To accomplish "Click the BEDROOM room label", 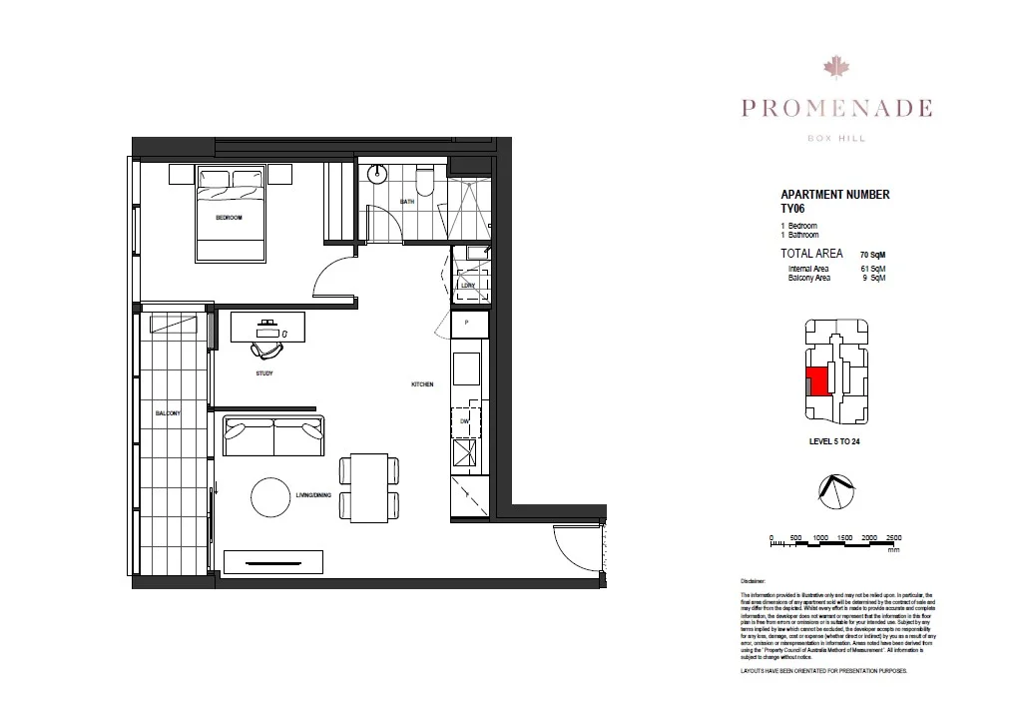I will pos(229,217).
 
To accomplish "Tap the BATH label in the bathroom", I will pos(406,202).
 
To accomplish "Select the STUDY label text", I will pos(263,373).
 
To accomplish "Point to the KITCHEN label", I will pos(422,384).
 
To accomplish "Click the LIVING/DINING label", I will pos(312,495).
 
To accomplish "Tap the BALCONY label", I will pos(167,413).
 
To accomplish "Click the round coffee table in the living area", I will pos(269,496).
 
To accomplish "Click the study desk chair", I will pos(266,348).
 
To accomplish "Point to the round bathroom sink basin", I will pos(377,175).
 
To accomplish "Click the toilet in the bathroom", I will pos(425,180).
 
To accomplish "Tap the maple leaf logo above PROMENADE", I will pos(835,67).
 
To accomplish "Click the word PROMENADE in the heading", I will pos(835,108).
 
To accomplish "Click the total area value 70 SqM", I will pos(872,256).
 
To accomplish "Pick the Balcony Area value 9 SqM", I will pos(873,278).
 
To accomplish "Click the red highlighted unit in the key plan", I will pos(816,381).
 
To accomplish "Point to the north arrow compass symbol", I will pos(835,489).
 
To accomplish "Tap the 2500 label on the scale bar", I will pos(893,537).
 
